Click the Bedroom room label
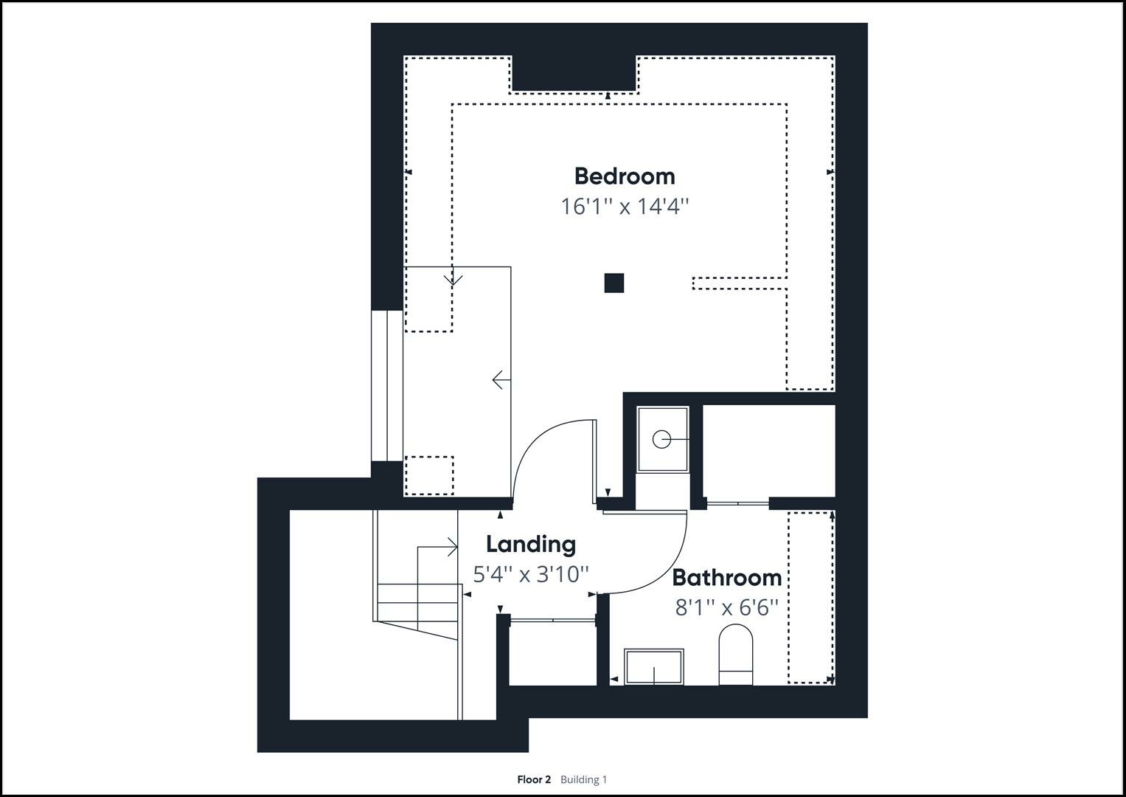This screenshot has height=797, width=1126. click(x=624, y=176)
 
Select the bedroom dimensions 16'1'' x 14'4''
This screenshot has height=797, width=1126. click(x=624, y=206)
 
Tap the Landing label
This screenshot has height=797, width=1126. click(x=530, y=545)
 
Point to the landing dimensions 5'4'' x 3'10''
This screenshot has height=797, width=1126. click(x=530, y=574)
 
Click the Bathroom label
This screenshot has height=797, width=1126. click(x=726, y=577)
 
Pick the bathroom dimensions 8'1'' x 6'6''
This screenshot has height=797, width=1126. click(x=726, y=607)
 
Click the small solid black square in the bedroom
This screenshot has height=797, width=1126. click(x=614, y=283)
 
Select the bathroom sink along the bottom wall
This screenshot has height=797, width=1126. click(x=653, y=666)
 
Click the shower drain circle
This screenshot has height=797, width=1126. click(x=661, y=440)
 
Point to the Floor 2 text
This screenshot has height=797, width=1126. click(x=534, y=779)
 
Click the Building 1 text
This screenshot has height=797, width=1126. click(x=583, y=779)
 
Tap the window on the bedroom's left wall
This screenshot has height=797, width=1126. click(x=387, y=385)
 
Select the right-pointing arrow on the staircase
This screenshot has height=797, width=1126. click(x=449, y=547)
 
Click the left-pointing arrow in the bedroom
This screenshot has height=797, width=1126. click(x=501, y=380)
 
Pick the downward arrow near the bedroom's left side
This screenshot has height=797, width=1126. click(x=453, y=279)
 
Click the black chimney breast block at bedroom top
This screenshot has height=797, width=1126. click(x=574, y=73)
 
